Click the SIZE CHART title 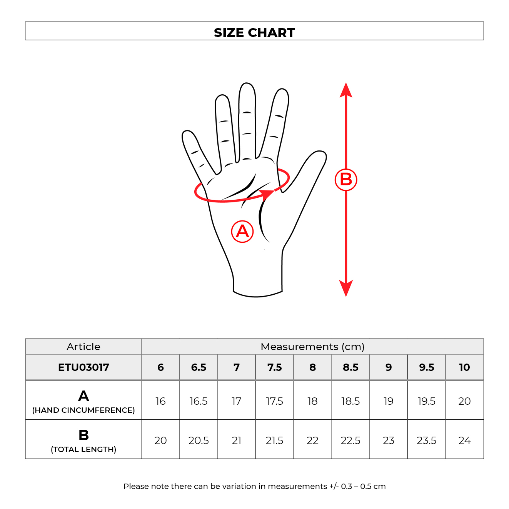tap(254, 33)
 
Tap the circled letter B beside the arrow tap(346, 180)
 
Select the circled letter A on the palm tap(242, 231)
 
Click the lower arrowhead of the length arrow tap(346, 289)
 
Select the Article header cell tap(83, 347)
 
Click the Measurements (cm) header tap(312, 347)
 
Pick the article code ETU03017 tap(83, 367)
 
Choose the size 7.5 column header tap(275, 367)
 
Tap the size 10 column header tap(464, 367)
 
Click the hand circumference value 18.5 tap(350, 401)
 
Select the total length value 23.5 tap(426, 441)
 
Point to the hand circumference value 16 tap(160, 401)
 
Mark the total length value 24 tap(464, 441)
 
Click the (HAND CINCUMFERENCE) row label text tap(83, 410)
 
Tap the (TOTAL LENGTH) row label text tap(83, 449)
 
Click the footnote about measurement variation tap(254, 486)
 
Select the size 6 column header tap(160, 367)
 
